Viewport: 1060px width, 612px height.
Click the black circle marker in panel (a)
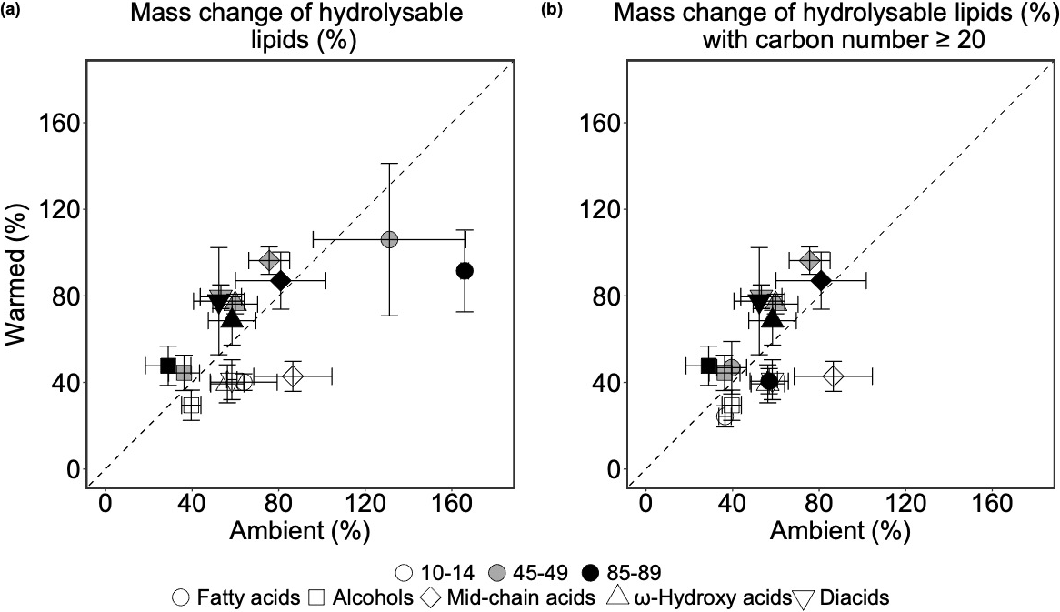(465, 271)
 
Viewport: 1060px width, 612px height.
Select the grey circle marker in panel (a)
(389, 239)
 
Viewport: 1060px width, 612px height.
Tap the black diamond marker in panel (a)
(280, 280)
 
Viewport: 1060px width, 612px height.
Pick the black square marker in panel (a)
(168, 366)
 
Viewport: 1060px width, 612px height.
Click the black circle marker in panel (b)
(769, 381)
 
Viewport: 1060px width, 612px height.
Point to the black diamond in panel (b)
(821, 280)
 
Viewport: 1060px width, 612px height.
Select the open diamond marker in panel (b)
(833, 376)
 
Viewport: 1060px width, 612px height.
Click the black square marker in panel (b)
(709, 366)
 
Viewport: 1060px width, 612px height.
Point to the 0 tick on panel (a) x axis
(105, 501)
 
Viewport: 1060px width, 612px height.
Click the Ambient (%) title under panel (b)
(842, 532)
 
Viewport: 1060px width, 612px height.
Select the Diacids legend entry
(853, 597)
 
